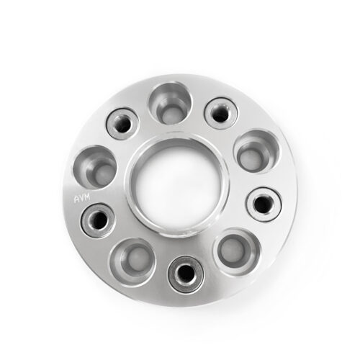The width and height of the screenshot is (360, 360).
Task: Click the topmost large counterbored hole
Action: click(x=171, y=104)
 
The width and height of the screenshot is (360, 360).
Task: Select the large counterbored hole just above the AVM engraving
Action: click(x=95, y=167)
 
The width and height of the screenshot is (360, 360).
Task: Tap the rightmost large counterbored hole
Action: click(x=256, y=151)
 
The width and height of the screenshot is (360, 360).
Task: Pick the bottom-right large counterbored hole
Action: click(x=237, y=252)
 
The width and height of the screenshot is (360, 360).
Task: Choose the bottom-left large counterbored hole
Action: click(x=132, y=261)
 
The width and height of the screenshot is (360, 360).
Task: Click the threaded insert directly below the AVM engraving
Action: click(x=99, y=220)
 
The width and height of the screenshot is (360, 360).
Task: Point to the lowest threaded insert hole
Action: click(x=186, y=274)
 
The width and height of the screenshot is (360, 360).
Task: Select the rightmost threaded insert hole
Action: click(x=264, y=204)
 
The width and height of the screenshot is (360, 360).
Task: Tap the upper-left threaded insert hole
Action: click(x=122, y=124)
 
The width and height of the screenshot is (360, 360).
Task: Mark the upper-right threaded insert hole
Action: click(x=221, y=113)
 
